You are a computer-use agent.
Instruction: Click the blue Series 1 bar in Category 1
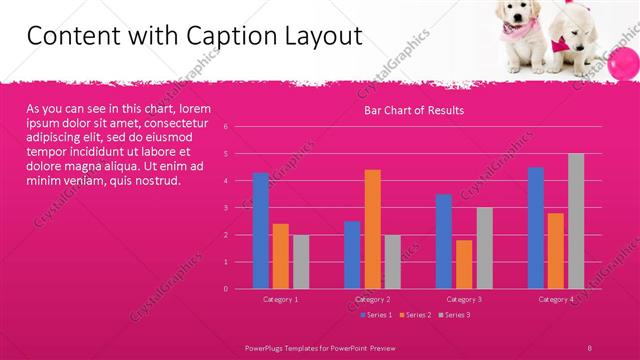tap(261, 231)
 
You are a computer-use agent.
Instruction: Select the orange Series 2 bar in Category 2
tap(372, 229)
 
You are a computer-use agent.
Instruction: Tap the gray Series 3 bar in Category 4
tap(576, 221)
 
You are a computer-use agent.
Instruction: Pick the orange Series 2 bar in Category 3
tap(464, 264)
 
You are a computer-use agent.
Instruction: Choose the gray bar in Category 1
tap(301, 262)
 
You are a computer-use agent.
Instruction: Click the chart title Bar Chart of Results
tap(413, 110)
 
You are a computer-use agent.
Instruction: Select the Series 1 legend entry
tap(376, 315)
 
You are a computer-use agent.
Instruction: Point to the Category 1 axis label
tap(281, 299)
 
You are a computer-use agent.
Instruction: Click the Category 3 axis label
tap(464, 299)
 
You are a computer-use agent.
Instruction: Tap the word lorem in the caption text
tap(198, 108)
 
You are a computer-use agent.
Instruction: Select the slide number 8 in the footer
tap(591, 346)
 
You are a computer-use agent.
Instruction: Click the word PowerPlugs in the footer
tap(267, 346)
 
